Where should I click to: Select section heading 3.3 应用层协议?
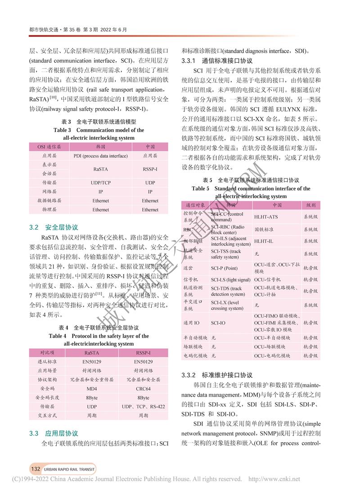54,434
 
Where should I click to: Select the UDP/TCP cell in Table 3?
101,183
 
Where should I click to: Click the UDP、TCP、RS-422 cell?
143,407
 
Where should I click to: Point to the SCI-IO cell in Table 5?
218,323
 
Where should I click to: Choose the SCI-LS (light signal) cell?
230,279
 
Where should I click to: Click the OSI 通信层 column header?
46,147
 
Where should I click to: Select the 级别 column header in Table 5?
310,205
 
